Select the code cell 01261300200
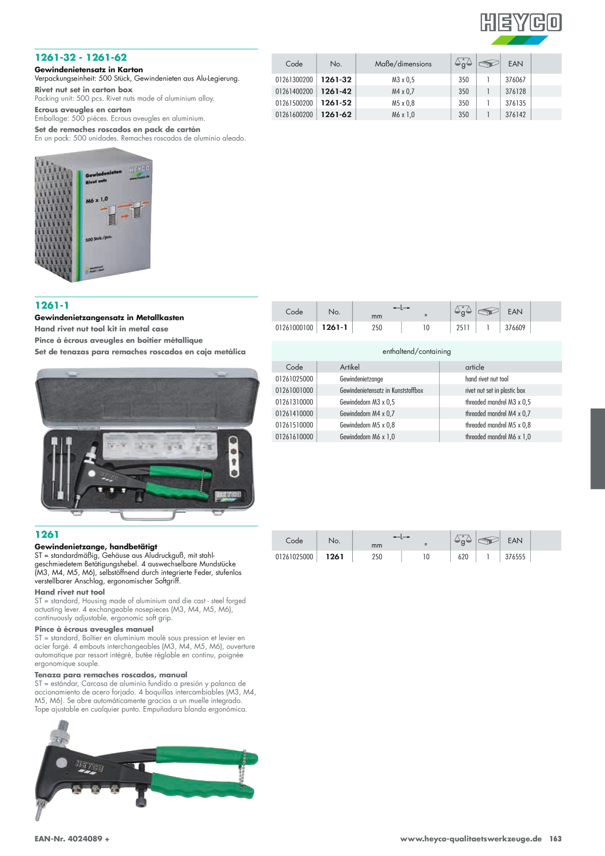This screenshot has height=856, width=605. pyautogui.click(x=294, y=80)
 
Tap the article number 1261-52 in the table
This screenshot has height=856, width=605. pyautogui.click(x=336, y=103)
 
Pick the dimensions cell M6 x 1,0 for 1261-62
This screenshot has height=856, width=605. pyautogui.click(x=403, y=115)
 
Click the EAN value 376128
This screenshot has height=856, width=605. pyautogui.click(x=515, y=91)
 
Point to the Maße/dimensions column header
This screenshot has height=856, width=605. pyautogui.click(x=403, y=64)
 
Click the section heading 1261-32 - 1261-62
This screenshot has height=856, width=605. pyautogui.click(x=81, y=58)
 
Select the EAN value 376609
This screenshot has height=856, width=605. pyautogui.click(x=515, y=327)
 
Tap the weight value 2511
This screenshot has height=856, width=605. pyautogui.click(x=463, y=327)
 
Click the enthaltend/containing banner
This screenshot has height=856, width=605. pyautogui.click(x=417, y=351)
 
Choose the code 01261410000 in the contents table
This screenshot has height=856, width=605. pyautogui.click(x=294, y=413)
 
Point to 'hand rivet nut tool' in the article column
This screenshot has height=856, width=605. pyautogui.click(x=486, y=379)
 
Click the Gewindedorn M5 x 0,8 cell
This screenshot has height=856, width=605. pyautogui.click(x=367, y=425)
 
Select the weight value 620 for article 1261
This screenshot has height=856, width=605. pyautogui.click(x=463, y=556)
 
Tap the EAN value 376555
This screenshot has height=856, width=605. pyautogui.click(x=515, y=556)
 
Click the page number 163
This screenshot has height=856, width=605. pyautogui.click(x=555, y=838)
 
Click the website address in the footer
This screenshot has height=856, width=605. pyautogui.click(x=471, y=838)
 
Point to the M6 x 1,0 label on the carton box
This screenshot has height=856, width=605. pyautogui.click(x=97, y=200)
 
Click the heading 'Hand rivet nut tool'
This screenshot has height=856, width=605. pyautogui.click(x=70, y=592)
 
